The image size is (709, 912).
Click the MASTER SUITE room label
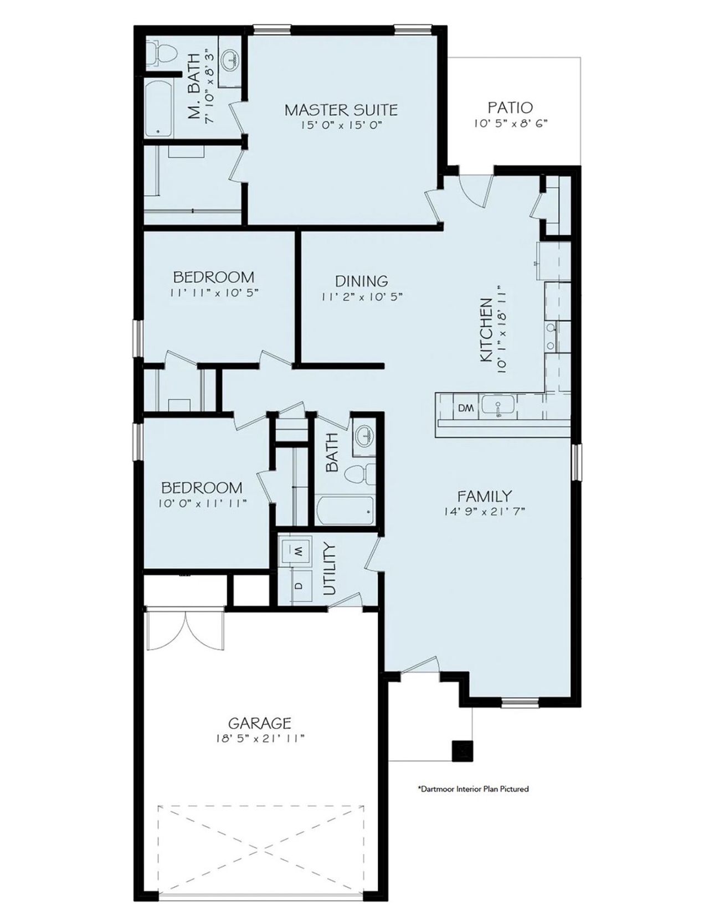341,109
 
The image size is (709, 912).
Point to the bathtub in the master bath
160,109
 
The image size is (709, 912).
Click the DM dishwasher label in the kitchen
466,408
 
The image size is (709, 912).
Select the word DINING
361,281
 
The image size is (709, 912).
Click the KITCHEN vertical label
486,330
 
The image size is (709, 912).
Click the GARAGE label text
260,723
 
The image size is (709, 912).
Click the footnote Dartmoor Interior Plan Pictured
472,789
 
